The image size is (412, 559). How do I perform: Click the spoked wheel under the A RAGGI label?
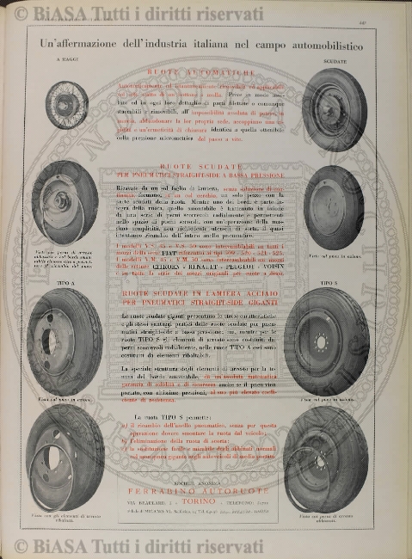(66, 105)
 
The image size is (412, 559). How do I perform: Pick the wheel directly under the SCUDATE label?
(335, 109)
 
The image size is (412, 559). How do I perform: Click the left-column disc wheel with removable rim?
(66, 201)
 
